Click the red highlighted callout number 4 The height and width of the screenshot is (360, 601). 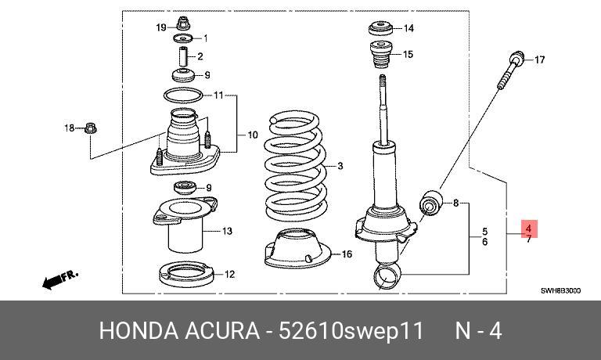pos(529,228)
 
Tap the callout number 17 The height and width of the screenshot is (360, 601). pos(538,59)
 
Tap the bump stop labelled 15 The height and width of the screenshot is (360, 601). pos(381,56)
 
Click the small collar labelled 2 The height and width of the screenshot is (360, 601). pos(185,57)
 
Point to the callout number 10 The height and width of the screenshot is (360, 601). pos(252,135)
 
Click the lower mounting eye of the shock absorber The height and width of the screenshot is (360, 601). pos(387,274)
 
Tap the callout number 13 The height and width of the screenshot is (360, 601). pos(227,231)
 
